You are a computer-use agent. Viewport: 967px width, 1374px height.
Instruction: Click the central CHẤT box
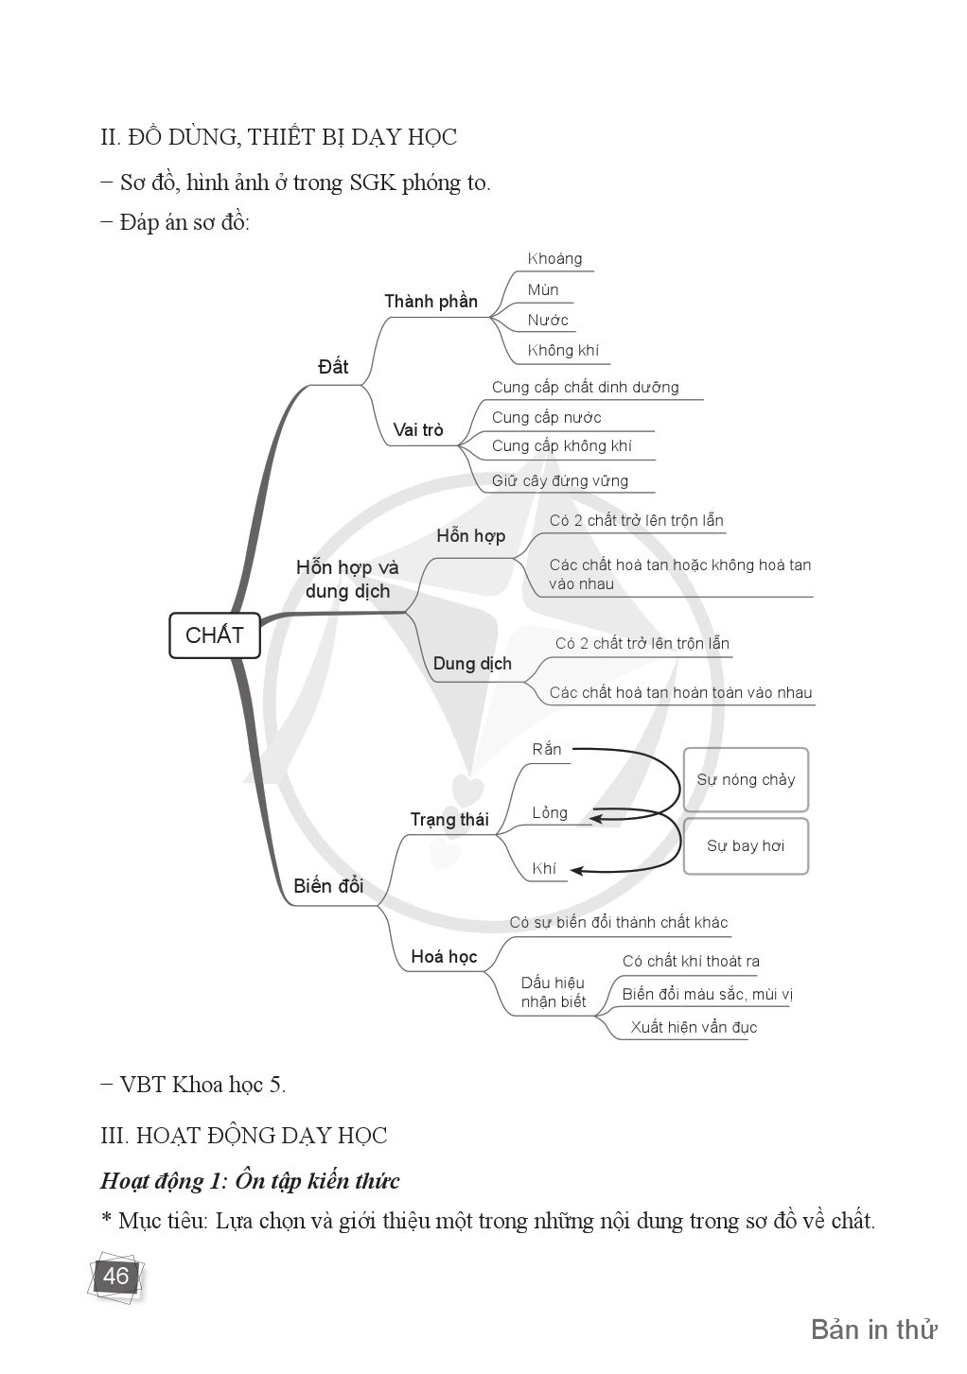[x=214, y=635]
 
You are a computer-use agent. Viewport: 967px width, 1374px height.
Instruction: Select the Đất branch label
[x=333, y=367]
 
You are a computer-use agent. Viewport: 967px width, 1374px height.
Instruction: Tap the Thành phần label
[x=431, y=302]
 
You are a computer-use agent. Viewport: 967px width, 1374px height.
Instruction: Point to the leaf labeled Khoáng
[x=554, y=259]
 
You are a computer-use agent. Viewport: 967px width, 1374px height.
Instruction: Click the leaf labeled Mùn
[x=543, y=289]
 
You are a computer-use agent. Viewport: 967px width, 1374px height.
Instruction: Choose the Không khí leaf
[x=563, y=351]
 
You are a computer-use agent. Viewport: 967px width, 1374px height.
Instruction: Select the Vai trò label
[x=418, y=430]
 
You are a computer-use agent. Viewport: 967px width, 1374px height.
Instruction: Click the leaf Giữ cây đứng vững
[x=559, y=480]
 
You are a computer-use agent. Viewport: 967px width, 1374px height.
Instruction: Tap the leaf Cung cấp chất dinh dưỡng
[x=585, y=388]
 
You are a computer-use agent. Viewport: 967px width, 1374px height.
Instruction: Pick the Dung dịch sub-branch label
[x=472, y=664]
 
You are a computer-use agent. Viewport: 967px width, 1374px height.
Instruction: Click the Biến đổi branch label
[x=328, y=886]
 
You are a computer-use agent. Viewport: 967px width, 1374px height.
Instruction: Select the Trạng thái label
[x=449, y=820]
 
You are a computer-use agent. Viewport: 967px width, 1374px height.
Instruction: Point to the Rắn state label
[x=547, y=750]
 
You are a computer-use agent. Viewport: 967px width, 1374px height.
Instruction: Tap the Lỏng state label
[x=550, y=813]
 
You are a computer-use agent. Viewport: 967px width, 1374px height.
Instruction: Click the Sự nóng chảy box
[x=746, y=780]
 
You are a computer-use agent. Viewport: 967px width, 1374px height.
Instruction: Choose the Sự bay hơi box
[x=746, y=846]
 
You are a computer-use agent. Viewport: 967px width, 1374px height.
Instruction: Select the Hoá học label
[x=444, y=957]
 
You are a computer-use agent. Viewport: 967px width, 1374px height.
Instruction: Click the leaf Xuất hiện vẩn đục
[x=694, y=1028]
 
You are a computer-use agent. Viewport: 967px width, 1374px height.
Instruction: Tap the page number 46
[x=115, y=1277]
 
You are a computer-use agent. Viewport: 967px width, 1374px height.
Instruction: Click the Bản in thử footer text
[x=873, y=1330]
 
